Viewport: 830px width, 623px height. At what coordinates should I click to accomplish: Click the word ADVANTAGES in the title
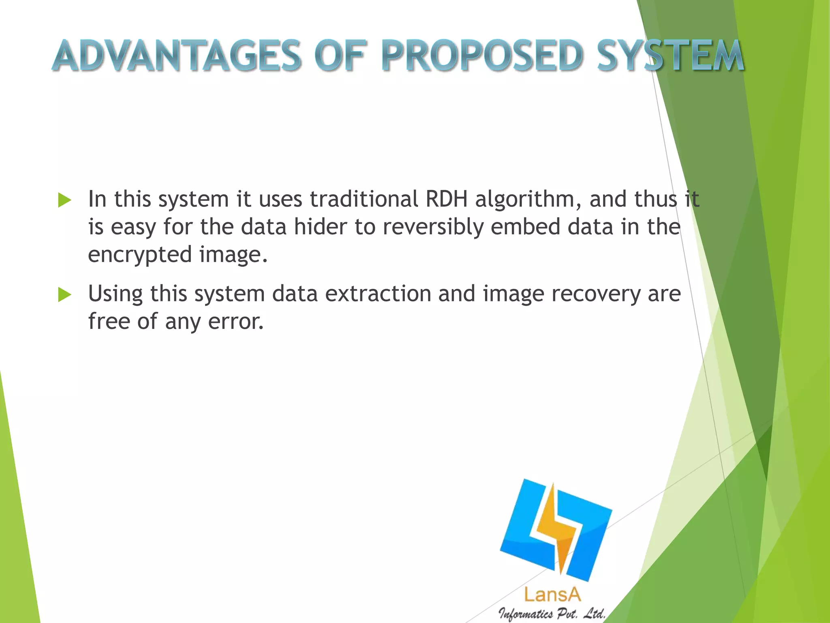tap(176, 56)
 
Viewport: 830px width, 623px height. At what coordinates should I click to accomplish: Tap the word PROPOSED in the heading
tap(482, 56)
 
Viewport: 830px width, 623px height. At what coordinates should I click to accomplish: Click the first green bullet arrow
tap(64, 200)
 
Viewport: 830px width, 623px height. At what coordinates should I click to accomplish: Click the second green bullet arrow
tap(64, 295)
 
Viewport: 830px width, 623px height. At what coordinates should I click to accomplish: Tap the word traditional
tap(364, 199)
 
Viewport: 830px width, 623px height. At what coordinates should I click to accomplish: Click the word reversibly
tap(433, 227)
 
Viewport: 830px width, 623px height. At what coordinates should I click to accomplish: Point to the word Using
tap(115, 294)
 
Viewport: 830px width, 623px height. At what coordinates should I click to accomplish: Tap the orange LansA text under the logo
tap(552, 595)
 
